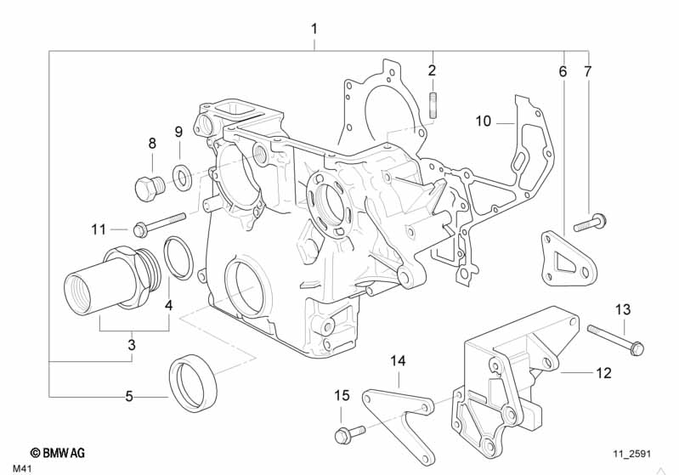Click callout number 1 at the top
314,29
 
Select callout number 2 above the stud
432,70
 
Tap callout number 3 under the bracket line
132,345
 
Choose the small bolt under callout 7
591,223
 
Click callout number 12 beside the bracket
603,371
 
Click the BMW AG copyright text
57,455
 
